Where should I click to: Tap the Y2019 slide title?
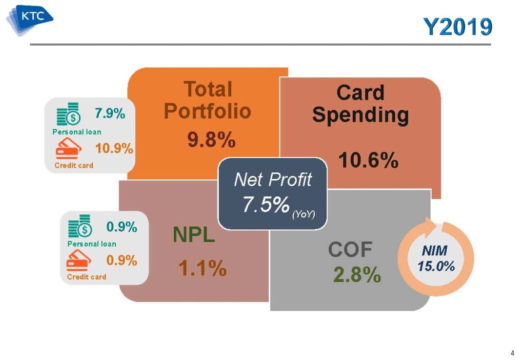pos(458,27)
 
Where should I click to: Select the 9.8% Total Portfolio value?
pos(211,139)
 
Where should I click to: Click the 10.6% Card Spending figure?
pos(368,159)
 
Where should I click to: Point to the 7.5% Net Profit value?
pos(266,204)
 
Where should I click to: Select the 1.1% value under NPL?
pos(203,268)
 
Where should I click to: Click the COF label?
pos(350,249)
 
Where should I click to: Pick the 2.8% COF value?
pos(357,274)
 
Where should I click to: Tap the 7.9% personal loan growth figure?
pos(110,113)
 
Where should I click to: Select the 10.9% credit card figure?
pos(114,148)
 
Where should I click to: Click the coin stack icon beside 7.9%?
pos(69,114)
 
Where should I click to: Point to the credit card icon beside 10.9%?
pos(69,148)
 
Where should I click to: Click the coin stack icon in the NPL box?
pos(79,226)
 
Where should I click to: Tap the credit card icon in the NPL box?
pos(79,260)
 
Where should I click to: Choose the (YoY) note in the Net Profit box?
pos(304,214)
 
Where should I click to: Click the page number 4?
pos(512,353)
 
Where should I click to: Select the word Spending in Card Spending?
pos(360,115)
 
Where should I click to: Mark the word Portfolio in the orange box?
pos(208,111)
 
